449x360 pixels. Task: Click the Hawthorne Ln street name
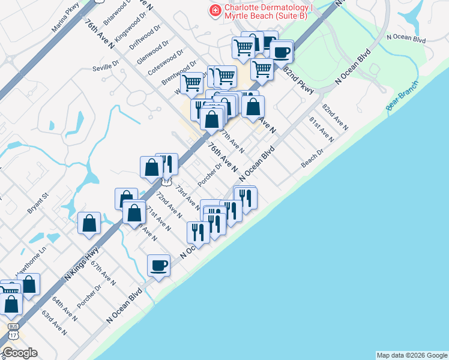[x=31, y=264]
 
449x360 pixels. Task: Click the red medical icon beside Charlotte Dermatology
[x=213, y=10]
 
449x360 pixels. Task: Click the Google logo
[x=19, y=353]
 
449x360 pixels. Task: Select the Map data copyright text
[x=411, y=355]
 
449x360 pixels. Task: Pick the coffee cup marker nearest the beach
[x=159, y=265]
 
